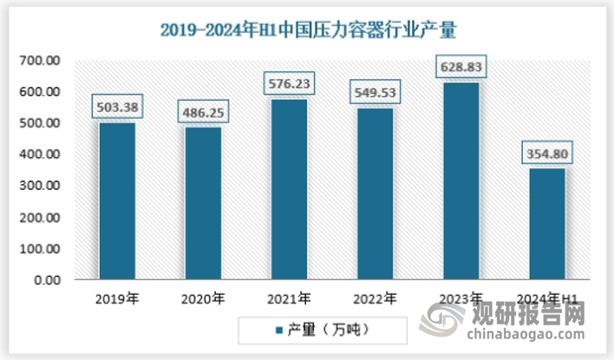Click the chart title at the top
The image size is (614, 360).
click(307, 29)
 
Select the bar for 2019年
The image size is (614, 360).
click(116, 201)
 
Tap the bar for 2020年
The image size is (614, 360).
click(202, 204)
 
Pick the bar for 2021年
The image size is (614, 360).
click(288, 190)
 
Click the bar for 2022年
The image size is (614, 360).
click(374, 194)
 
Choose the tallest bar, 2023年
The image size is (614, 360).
click(460, 181)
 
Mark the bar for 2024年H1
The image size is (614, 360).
click(545, 224)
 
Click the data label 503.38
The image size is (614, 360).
click(117, 108)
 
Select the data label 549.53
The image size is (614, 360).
click(375, 91)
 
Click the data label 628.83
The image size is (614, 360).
click(460, 67)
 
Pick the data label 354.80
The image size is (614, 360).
click(546, 154)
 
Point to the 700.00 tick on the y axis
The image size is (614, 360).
click(41, 61)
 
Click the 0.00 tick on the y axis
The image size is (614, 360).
click(48, 280)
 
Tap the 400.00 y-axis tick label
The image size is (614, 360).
click(41, 154)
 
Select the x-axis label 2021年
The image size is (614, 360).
click(289, 299)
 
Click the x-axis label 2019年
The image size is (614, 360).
click(117, 299)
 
